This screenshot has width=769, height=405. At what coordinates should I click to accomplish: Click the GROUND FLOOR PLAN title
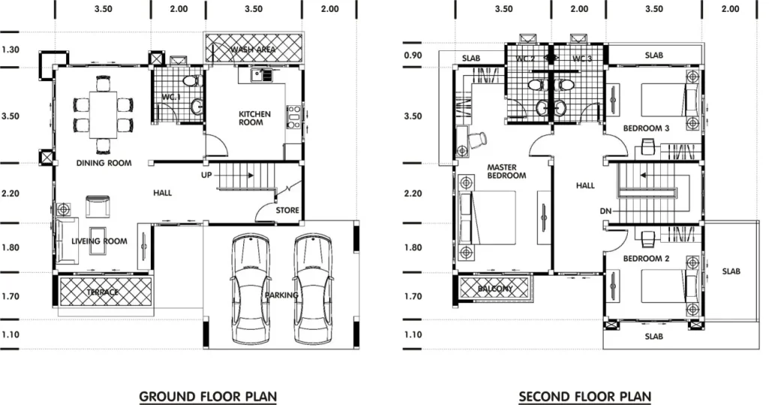[x=208, y=396]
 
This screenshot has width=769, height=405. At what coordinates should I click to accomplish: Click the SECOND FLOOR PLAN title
[x=585, y=396]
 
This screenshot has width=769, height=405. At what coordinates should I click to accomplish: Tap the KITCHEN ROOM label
[x=255, y=118]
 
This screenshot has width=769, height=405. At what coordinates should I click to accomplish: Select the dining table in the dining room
[x=103, y=115]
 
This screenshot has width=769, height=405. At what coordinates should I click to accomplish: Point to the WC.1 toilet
[x=191, y=81]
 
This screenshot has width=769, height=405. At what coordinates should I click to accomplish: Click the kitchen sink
[x=261, y=75]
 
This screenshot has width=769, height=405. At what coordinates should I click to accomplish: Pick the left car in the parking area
[x=250, y=289]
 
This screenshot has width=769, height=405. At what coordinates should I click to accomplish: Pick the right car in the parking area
[x=313, y=289]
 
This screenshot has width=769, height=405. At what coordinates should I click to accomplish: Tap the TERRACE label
[x=102, y=292]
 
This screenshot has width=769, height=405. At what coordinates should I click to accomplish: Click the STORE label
[x=288, y=210]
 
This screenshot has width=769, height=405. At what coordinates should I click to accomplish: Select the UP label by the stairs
[x=207, y=175]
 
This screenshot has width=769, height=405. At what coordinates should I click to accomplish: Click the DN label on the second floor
[x=606, y=211]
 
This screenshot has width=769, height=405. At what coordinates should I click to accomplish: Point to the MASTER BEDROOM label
[x=506, y=171]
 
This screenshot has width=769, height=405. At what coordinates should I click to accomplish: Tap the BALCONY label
[x=495, y=289]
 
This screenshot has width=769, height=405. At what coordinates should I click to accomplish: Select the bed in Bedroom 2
[x=670, y=286]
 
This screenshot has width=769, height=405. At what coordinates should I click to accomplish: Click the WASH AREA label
[x=253, y=49]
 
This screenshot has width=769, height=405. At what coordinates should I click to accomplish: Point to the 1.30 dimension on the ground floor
[x=11, y=50]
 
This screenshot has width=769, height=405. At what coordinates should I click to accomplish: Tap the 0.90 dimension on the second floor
[x=413, y=55]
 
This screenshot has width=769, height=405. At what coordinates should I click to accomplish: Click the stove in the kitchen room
[x=294, y=116]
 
